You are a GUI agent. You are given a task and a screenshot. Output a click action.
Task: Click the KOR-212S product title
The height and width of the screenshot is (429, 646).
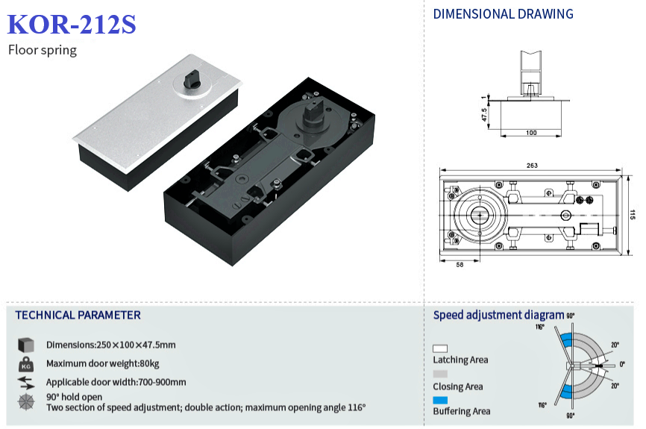coord(72,25)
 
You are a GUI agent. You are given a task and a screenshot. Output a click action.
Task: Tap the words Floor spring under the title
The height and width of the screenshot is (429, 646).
coord(43,51)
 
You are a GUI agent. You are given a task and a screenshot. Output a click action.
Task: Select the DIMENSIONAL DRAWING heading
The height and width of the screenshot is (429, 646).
coord(504,14)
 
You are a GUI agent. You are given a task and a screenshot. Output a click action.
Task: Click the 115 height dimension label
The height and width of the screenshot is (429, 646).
coord(632,215)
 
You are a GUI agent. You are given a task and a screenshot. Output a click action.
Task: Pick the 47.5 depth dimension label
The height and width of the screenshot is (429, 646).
coord(484,115)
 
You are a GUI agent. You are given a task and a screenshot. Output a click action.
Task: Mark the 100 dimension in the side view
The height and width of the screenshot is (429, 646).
coord(530,133)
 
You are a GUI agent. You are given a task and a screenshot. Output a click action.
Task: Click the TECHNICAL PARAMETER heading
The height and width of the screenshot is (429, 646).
coord(78,315)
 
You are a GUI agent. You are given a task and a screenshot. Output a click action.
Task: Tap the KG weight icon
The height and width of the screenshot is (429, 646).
coord(25,364)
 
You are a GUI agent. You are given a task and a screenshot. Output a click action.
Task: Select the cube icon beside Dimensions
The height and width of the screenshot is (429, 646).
coord(25,345)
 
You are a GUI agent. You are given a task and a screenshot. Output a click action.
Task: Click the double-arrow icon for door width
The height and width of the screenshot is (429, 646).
coord(25,383)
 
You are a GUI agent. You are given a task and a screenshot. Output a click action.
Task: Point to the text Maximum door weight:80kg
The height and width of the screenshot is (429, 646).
coord(103,364)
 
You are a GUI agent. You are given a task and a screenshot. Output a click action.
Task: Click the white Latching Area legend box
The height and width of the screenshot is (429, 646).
coord(440,348)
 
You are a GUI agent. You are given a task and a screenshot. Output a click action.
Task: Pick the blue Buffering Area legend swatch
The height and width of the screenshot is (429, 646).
coord(440,401)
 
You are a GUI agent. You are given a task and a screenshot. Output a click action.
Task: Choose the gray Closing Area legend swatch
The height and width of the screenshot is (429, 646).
coord(440,374)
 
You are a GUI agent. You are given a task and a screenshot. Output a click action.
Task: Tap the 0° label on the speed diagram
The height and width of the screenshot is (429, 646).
coord(622,364)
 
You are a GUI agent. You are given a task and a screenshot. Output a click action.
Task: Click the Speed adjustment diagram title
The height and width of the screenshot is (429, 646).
coord(498,315)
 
